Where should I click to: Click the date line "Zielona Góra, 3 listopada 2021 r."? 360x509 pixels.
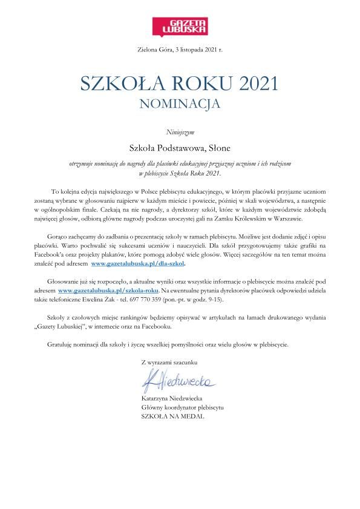click(x=180, y=56)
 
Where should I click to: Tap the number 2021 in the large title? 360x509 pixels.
click(x=250, y=84)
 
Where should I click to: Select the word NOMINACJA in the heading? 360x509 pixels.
click(x=180, y=103)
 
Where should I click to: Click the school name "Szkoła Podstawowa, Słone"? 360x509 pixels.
click(x=180, y=146)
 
